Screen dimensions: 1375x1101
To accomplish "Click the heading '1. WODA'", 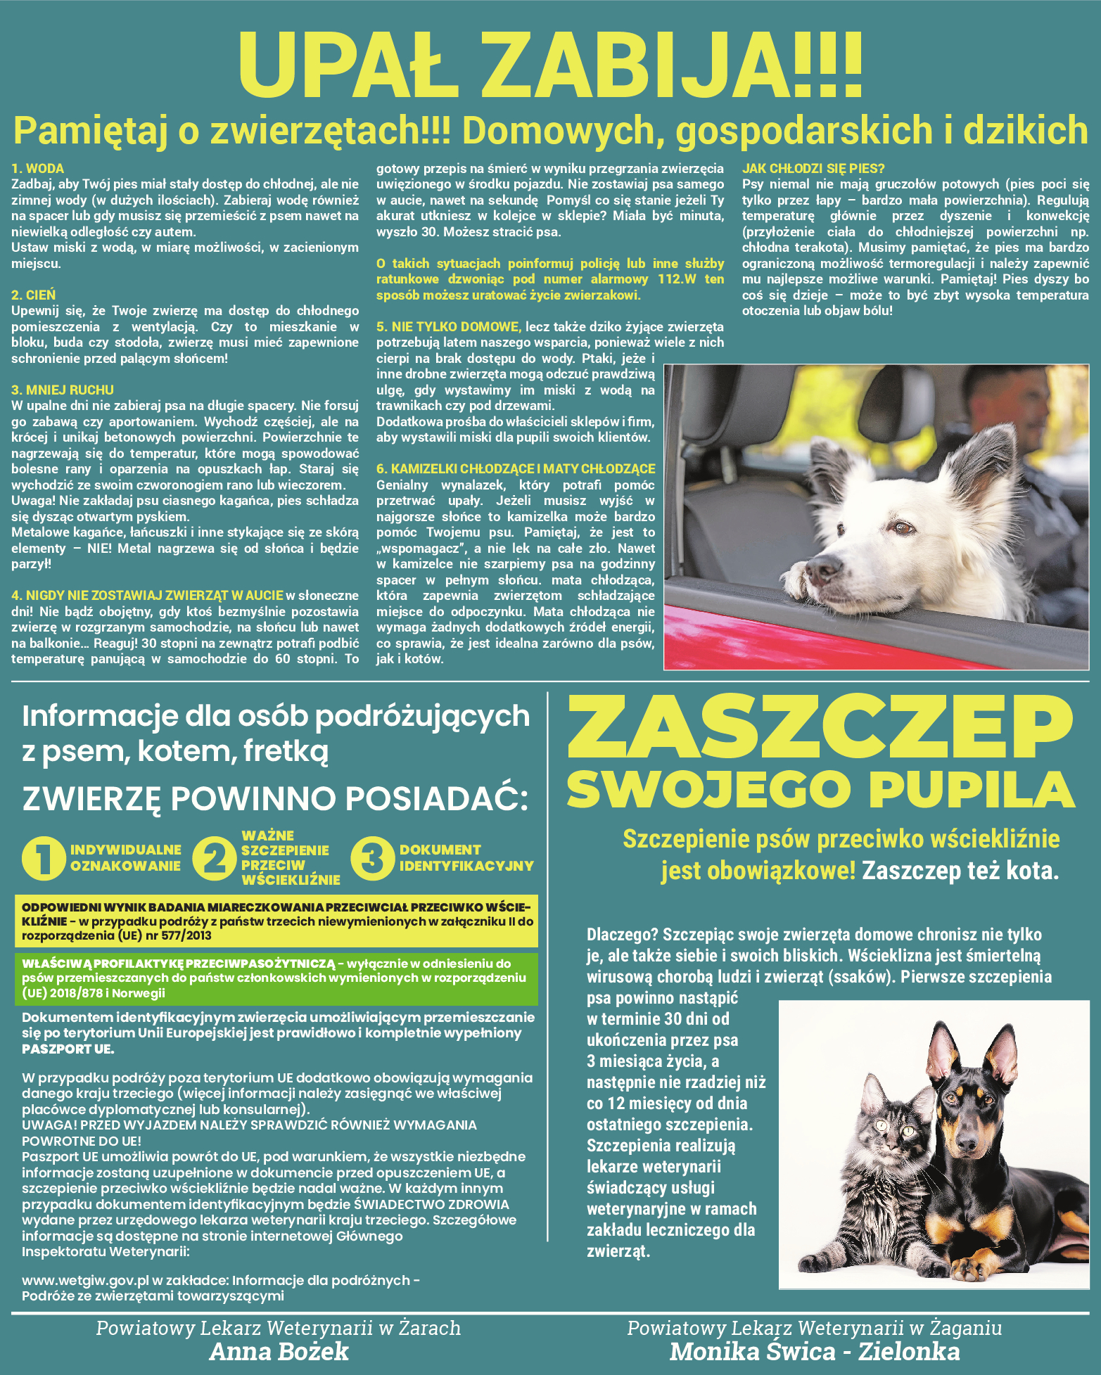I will [x=38, y=169].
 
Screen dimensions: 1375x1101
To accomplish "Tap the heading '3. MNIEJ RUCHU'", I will [x=63, y=390].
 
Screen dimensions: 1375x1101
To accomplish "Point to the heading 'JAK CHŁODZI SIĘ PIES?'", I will [x=813, y=169].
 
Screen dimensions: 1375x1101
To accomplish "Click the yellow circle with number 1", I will [x=44, y=858].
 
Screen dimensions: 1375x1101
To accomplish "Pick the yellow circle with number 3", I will [x=373, y=858].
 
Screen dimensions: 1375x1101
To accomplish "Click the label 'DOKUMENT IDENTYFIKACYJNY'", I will [x=466, y=858].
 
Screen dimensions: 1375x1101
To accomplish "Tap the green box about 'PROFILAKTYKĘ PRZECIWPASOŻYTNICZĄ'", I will [x=276, y=978].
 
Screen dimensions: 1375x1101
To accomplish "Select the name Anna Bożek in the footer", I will [x=279, y=1352].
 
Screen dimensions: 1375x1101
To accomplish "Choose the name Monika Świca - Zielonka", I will [x=815, y=1352].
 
